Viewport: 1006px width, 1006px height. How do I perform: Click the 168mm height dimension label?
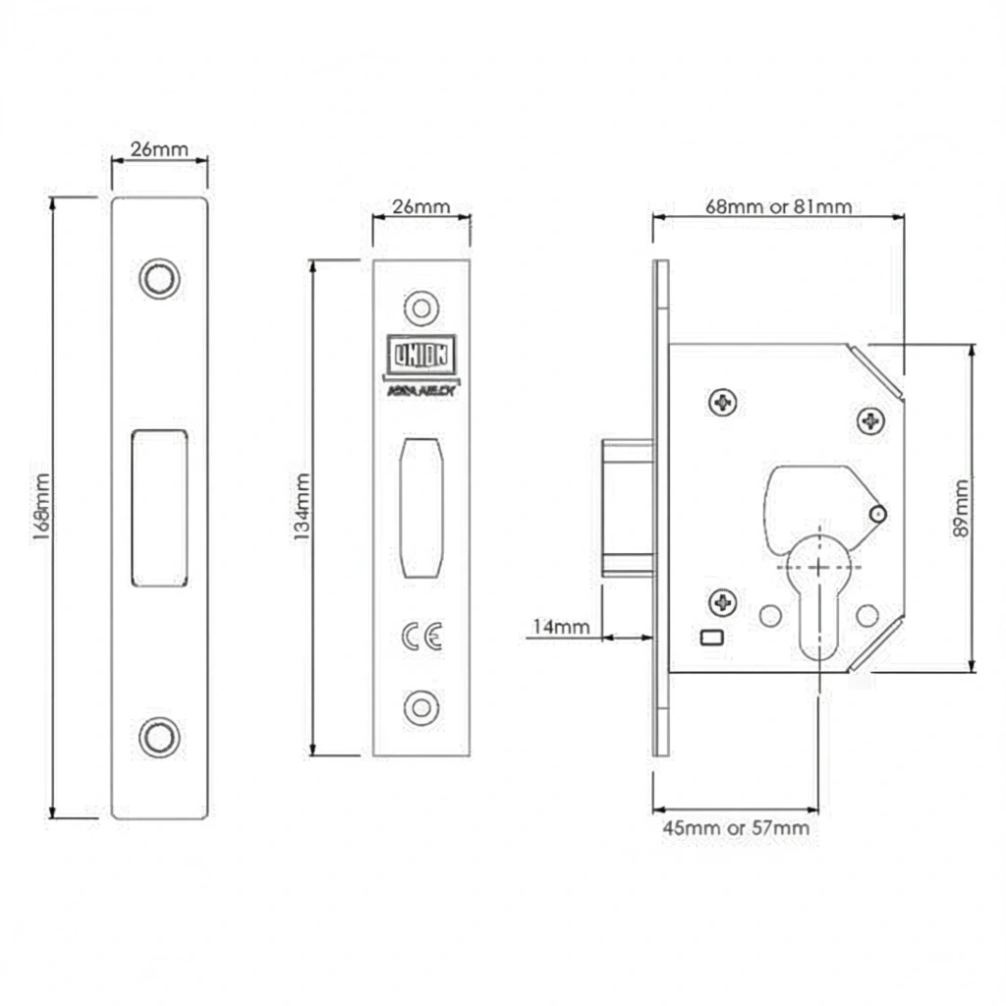pos(40,507)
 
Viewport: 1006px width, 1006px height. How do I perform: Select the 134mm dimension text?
pos(303,507)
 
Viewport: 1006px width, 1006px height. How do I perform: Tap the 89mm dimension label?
pos(962,507)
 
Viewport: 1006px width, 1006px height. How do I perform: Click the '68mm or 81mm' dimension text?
pos(778,207)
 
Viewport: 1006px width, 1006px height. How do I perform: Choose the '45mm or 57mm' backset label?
pos(736,828)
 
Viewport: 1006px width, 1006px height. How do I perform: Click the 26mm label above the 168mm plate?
pos(159,150)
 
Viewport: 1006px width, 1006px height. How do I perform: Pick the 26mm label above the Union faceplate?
pos(420,207)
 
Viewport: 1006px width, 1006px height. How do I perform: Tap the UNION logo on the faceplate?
pos(421,355)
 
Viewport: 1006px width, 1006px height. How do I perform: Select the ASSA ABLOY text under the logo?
pos(421,389)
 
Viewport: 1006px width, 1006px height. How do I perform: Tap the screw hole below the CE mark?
pos(421,706)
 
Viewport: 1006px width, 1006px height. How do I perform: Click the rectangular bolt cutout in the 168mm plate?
pos(159,507)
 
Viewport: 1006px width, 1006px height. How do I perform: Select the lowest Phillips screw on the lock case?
pos(723,600)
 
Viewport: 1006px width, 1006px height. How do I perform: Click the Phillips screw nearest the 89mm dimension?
pos(870,420)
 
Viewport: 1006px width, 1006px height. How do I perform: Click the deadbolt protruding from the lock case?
pos(627,507)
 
